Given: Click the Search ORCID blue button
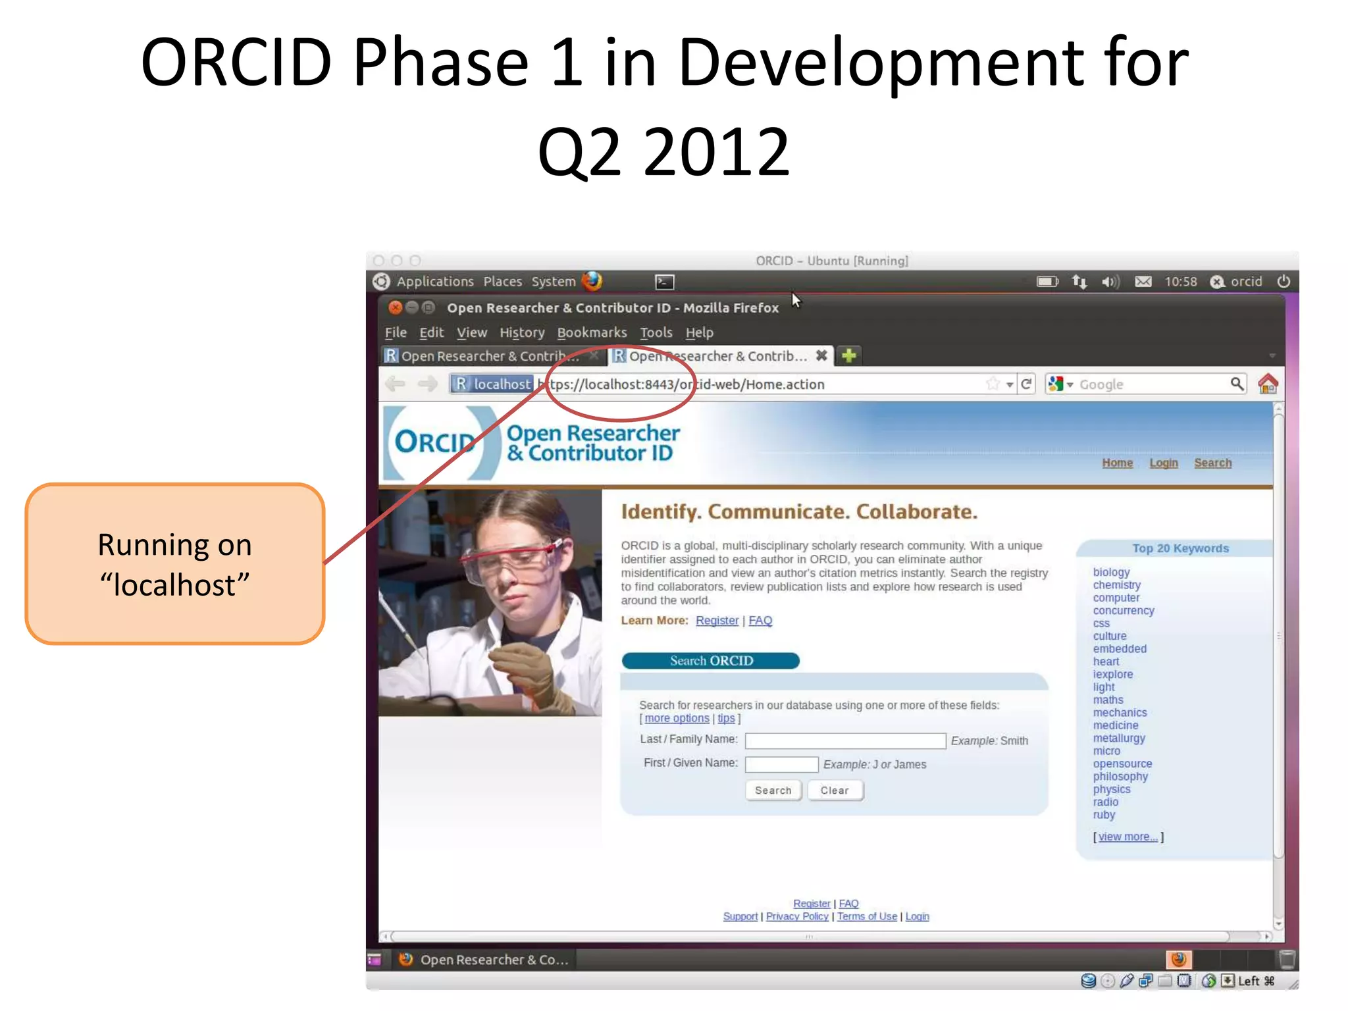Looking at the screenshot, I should pos(710,660).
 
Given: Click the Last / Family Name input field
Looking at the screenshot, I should pos(844,740).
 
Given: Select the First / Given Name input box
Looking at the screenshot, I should pos(781,764).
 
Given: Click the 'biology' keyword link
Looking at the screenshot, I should pos(1111,572).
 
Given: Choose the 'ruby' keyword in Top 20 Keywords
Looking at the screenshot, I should pos(1104,814).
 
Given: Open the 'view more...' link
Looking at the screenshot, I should pos(1128,837).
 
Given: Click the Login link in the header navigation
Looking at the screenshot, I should pos(1163,463).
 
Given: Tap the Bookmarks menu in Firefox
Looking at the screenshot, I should pos(592,332).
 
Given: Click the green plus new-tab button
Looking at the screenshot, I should pos(848,355).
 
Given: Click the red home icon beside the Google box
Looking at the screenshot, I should pos(1267,384).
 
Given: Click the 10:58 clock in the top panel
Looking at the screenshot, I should pos(1180,282).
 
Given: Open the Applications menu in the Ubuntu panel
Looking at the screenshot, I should pos(434,282).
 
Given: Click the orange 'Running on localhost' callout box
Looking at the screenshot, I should pos(175,564).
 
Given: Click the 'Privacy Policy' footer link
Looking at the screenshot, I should pos(796,916).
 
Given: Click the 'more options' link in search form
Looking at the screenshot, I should pos(677,718).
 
